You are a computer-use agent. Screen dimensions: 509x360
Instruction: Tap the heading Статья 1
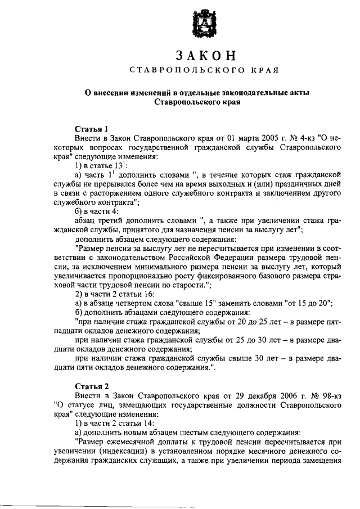[91, 128]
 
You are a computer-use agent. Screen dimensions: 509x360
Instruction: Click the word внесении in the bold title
[115, 93]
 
